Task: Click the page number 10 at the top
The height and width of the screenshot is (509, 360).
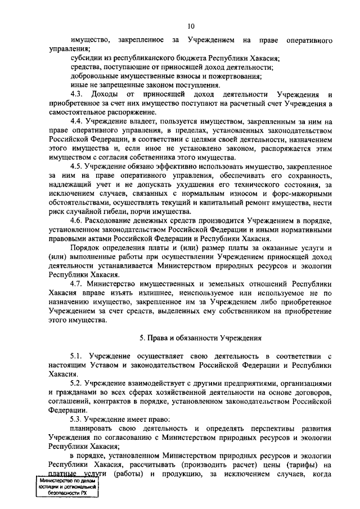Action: click(191, 25)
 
